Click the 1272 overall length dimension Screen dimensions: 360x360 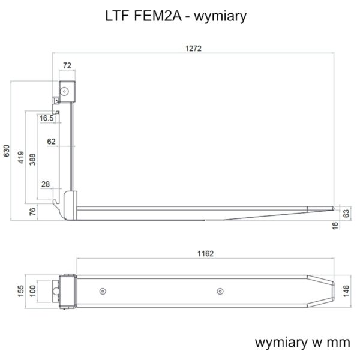pos(193,49)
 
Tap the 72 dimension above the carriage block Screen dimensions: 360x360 pos(67,65)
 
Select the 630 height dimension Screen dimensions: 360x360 pos(7,151)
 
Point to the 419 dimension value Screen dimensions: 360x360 pos(20,157)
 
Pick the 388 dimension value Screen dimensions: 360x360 pos(32,160)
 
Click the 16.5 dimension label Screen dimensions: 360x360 pos(46,118)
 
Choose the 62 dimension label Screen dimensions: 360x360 pos(51,142)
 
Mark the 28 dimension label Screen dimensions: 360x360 pos(46,184)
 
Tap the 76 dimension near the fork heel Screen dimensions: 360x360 pos(32,211)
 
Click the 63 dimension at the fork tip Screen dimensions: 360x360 pos(346,213)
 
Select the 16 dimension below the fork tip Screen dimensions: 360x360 pos(335,226)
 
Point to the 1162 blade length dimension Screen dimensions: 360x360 pos(205,253)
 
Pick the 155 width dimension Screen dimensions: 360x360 pos(20,291)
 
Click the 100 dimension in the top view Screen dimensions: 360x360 pos(32,291)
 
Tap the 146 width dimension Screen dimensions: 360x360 pos(346,291)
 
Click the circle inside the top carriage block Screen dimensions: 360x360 pos(64,91)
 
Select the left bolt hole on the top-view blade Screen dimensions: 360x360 pos(103,292)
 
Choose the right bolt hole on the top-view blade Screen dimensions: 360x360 pos(220,292)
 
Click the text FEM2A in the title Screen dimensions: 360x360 pos(157,16)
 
